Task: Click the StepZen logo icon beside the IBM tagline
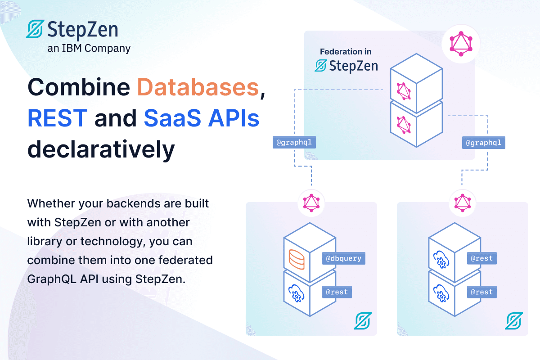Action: coord(35,29)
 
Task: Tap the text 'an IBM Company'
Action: coord(89,48)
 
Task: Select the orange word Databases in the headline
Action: coord(198,88)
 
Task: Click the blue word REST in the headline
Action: coord(57,118)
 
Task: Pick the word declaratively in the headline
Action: coord(101,149)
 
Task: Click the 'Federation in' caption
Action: coord(346,52)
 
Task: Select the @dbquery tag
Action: coord(343,258)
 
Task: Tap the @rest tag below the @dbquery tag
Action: coord(337,292)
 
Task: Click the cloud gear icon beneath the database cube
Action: coord(297,292)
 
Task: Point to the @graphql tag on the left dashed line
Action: coord(294,143)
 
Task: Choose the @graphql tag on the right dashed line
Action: coord(484,143)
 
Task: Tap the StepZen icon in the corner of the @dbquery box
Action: coord(362,321)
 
